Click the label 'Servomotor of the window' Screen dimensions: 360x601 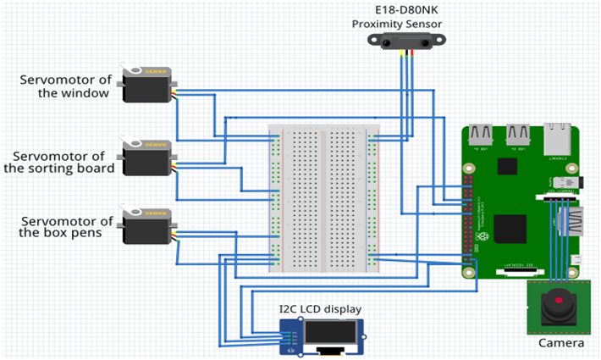66,86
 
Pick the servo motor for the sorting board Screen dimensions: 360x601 147,158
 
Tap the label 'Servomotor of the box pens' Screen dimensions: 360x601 66,227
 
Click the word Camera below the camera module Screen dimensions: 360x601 560,343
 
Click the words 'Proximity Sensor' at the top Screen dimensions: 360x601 396,24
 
